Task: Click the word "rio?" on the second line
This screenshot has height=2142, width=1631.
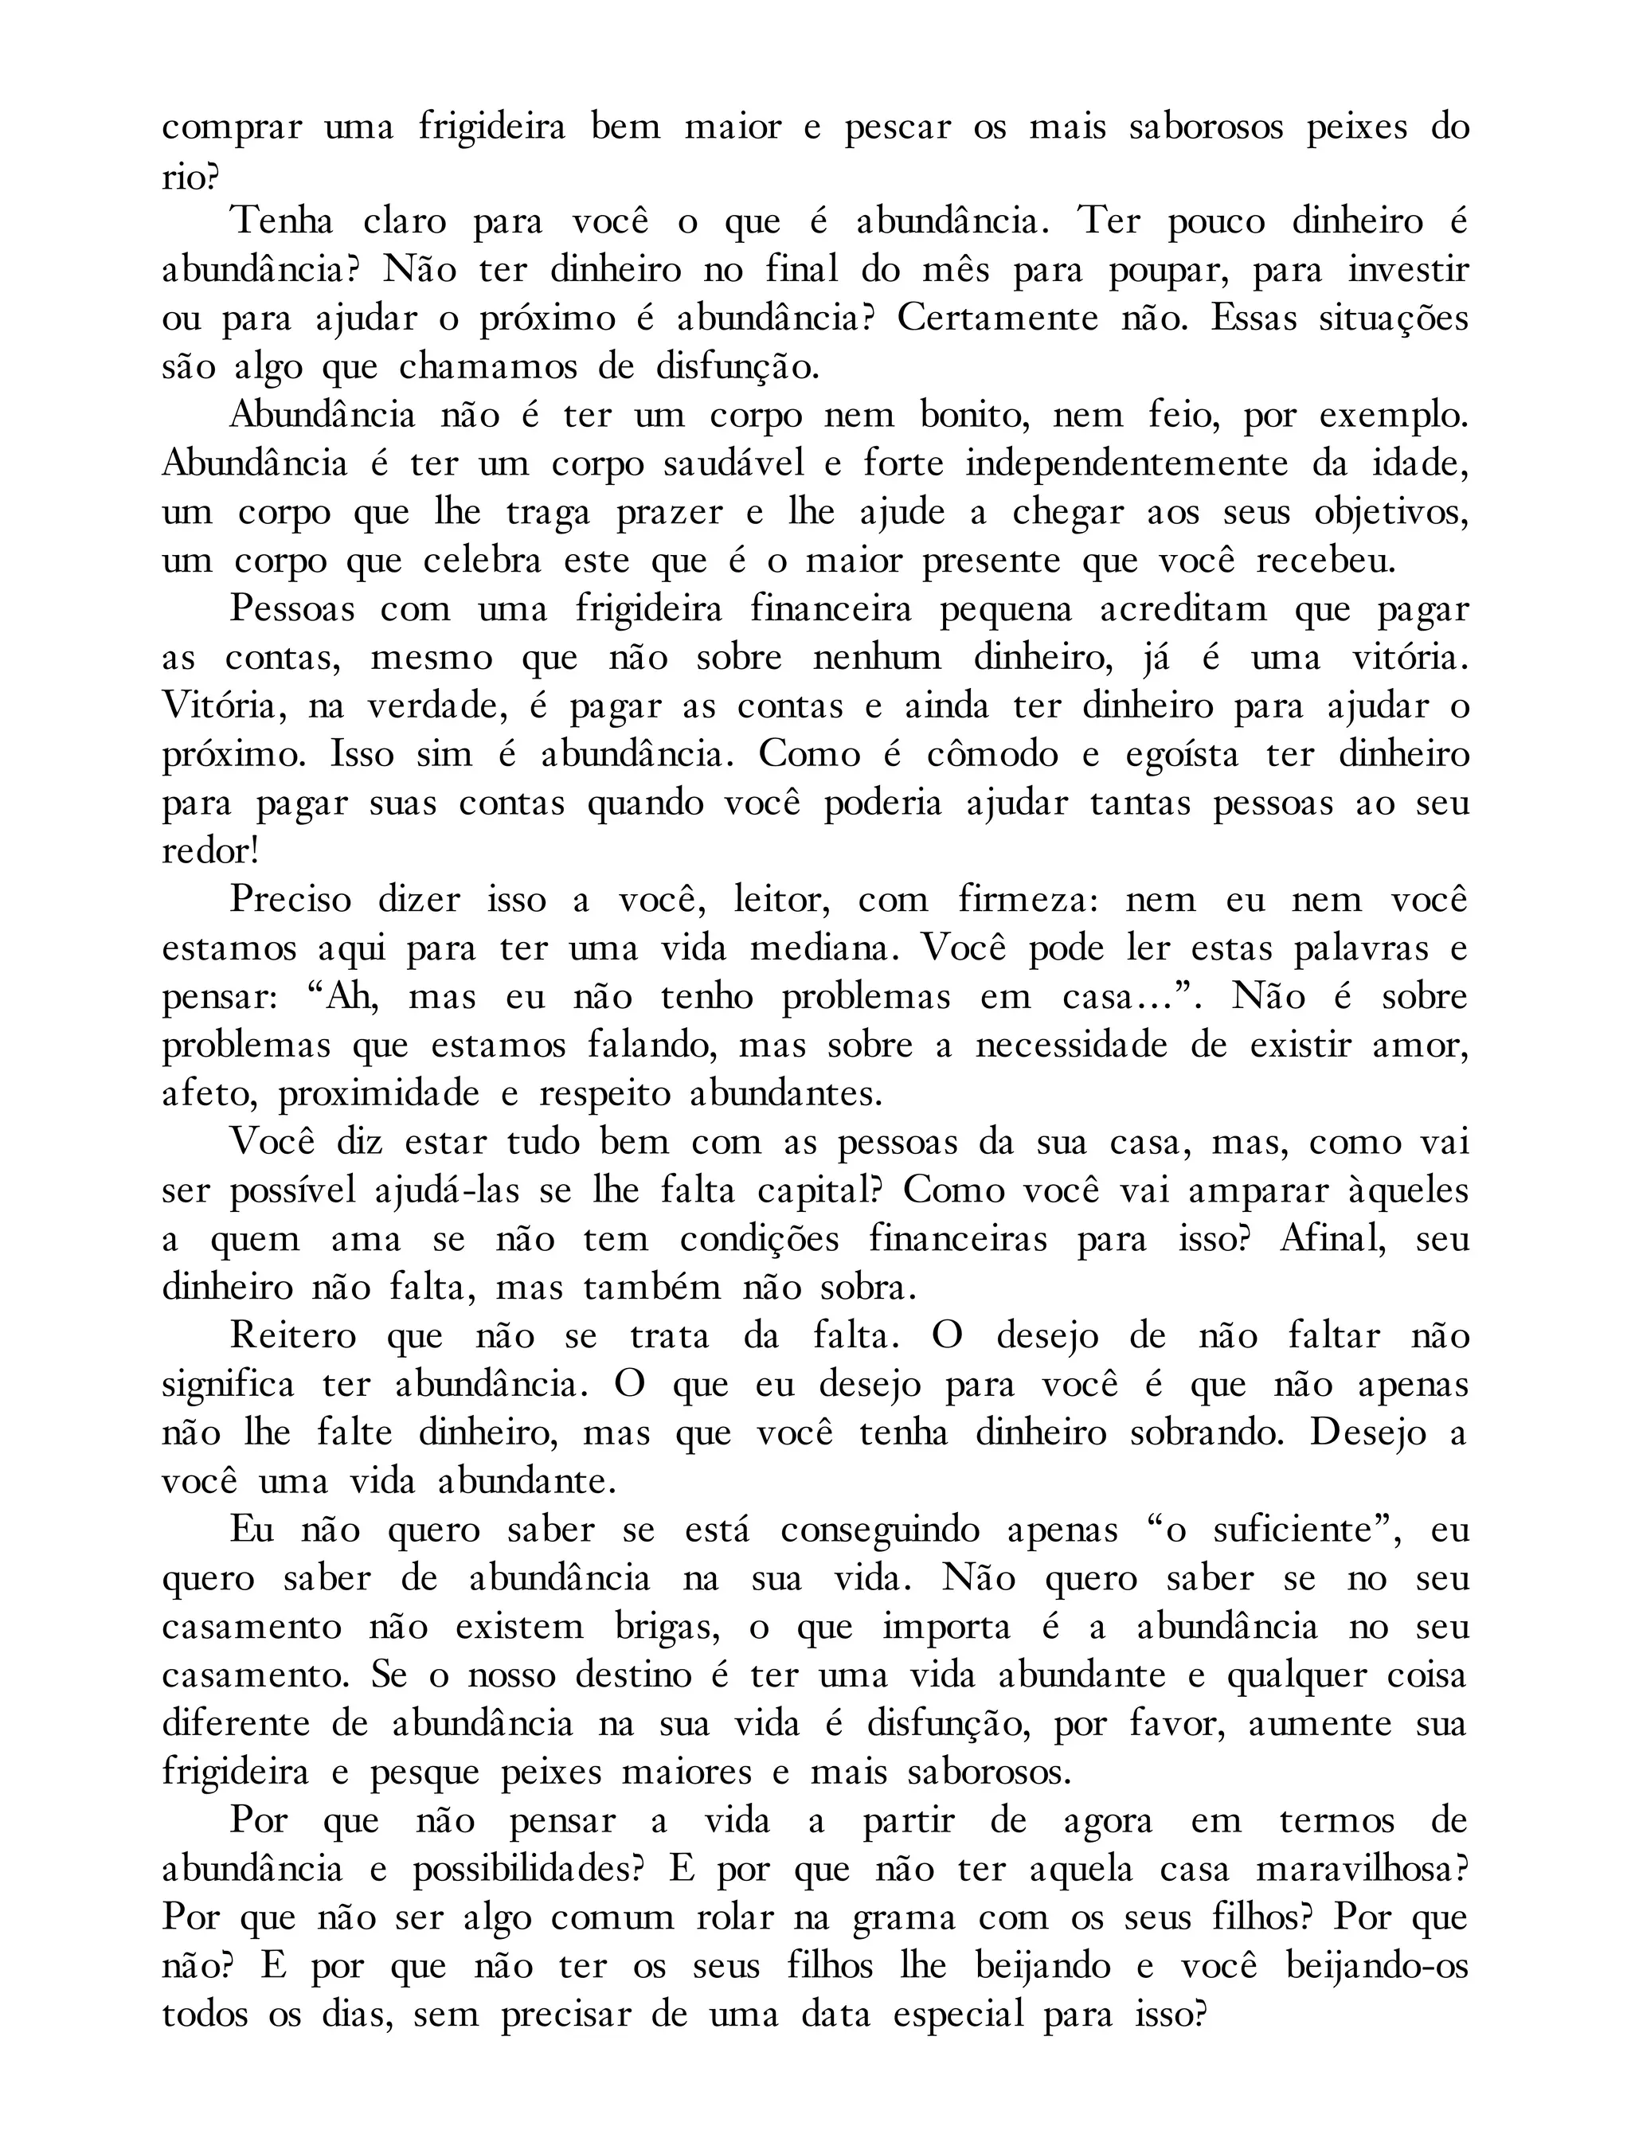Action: click(x=190, y=177)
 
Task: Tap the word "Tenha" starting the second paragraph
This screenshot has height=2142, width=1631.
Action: click(x=282, y=222)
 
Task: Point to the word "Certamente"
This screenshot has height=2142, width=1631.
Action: click(x=997, y=319)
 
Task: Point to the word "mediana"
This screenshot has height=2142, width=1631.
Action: click(x=823, y=949)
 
